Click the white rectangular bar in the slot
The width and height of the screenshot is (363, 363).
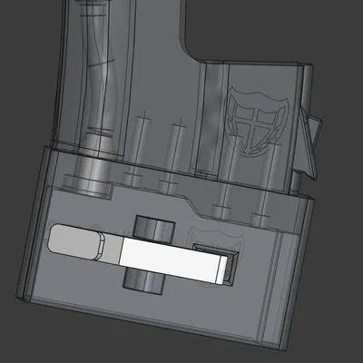(172, 259)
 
